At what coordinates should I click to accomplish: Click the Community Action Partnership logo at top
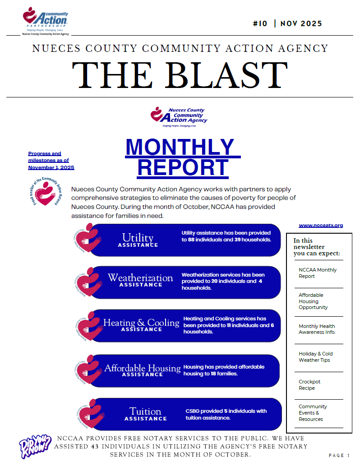point(45,20)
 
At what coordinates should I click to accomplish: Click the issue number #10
point(260,24)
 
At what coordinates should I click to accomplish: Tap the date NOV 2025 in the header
point(301,24)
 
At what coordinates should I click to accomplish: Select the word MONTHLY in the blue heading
point(180,147)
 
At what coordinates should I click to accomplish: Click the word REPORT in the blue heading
point(183,167)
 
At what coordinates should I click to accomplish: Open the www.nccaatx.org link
point(321,225)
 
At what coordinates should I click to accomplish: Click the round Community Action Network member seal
point(44,191)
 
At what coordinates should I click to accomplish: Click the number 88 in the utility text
point(191,240)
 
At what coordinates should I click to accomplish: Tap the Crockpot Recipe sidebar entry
point(307,385)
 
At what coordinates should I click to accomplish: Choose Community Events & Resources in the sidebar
point(313,413)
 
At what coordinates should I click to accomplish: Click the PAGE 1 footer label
point(339,456)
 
